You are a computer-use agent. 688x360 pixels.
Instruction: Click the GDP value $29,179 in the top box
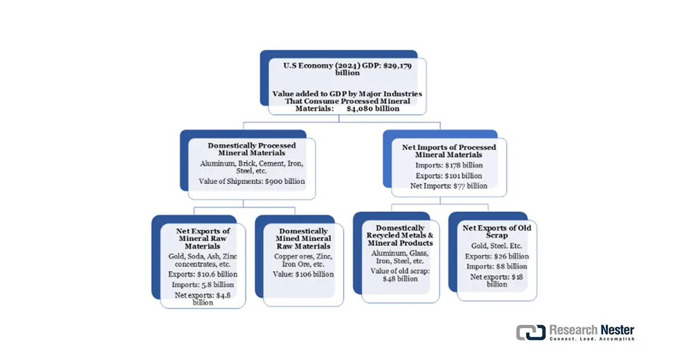pyautogui.click(x=397, y=66)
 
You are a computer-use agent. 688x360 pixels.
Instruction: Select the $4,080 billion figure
pyautogui.click(x=373, y=108)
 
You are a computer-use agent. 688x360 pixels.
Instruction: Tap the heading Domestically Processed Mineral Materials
pyautogui.click(x=252, y=149)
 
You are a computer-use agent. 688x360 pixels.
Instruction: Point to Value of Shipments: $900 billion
pyautogui.click(x=252, y=181)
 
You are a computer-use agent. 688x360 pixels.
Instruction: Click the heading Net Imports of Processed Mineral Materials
pyautogui.click(x=449, y=151)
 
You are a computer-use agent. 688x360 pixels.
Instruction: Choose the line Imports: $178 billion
pyautogui.click(x=449, y=165)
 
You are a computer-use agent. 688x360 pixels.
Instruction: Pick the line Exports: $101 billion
pyautogui.click(x=449, y=175)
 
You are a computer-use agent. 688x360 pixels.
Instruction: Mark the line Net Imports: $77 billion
pyautogui.click(x=449, y=186)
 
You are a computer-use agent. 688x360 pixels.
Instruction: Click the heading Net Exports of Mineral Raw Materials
pyautogui.click(x=203, y=238)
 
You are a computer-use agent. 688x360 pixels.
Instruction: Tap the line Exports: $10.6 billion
pyautogui.click(x=203, y=275)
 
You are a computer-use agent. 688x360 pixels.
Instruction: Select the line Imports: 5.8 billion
pyautogui.click(x=203, y=285)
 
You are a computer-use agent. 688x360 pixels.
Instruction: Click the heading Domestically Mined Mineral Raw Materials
pyautogui.click(x=303, y=238)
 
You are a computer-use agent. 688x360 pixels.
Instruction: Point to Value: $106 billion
pyautogui.click(x=303, y=275)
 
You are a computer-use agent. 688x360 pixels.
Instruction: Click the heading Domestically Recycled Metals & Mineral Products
pyautogui.click(x=400, y=236)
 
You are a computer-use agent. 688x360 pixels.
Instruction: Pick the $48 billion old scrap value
pyautogui.click(x=400, y=279)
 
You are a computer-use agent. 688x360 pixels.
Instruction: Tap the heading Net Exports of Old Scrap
pyautogui.click(x=497, y=232)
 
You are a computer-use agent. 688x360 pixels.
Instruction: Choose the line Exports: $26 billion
pyautogui.click(x=497, y=256)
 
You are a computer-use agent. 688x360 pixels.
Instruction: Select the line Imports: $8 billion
pyautogui.click(x=497, y=267)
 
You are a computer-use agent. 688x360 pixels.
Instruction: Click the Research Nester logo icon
pyautogui.click(x=531, y=332)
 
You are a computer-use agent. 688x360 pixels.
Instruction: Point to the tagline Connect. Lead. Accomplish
pyautogui.click(x=592, y=339)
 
